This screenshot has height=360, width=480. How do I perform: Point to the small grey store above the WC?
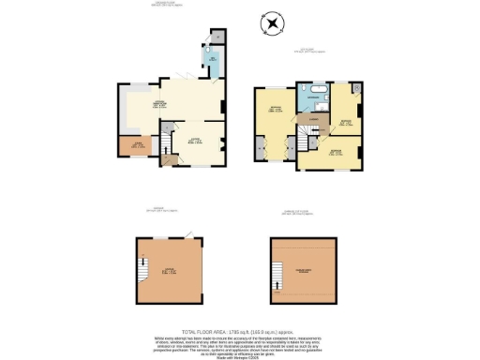[x=217, y=36]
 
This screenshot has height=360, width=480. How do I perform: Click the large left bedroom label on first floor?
[x=276, y=111]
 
